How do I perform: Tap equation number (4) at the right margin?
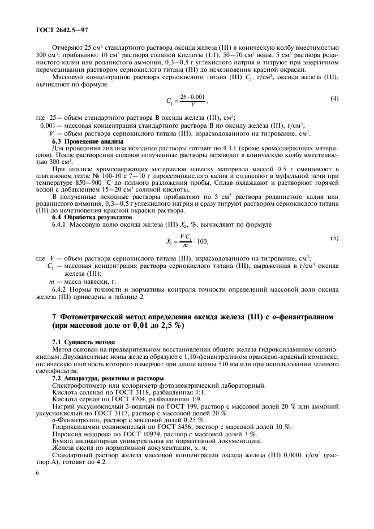(334, 99)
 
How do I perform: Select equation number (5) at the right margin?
(334, 238)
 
